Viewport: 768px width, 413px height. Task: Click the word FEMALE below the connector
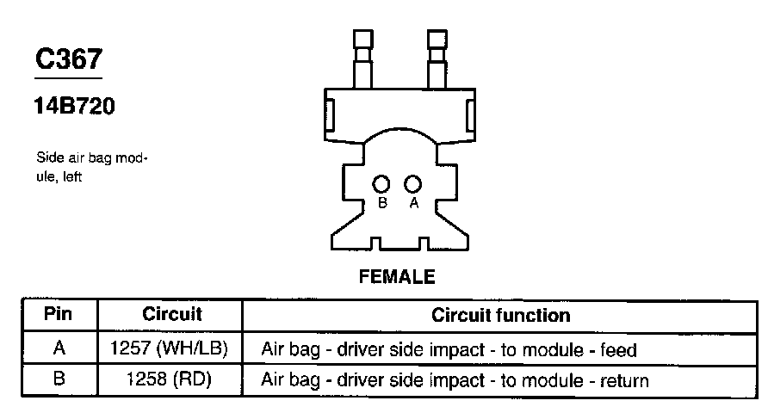[396, 277]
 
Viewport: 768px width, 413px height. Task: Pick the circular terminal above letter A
[412, 183]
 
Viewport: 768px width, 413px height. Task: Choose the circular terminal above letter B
[381, 183]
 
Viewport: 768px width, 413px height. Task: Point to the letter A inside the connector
[413, 203]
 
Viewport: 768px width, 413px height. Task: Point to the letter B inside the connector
[382, 203]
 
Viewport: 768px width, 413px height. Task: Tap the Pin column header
[59, 314]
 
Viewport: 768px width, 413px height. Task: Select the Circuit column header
[171, 314]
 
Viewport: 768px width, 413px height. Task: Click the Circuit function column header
[500, 314]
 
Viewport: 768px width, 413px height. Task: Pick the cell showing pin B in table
[59, 379]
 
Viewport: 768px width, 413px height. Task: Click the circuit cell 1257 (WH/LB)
[170, 349]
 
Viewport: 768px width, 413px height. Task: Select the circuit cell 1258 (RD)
[169, 379]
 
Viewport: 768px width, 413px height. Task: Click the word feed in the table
[620, 350]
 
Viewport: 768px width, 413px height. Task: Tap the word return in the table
[626, 379]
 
